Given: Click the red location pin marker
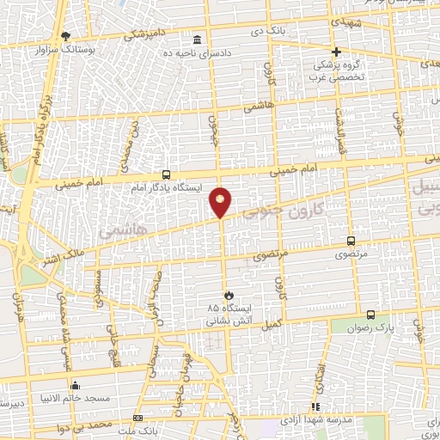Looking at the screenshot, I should click(221, 202).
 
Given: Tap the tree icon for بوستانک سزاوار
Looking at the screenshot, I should click(66, 35).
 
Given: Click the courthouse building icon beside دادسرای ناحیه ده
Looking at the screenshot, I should click(199, 40).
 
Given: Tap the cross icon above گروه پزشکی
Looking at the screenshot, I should click(336, 52).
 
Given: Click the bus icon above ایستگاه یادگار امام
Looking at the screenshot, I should click(166, 173).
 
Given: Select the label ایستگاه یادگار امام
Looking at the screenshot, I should click(166, 186).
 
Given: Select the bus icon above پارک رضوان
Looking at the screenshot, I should click(370, 315).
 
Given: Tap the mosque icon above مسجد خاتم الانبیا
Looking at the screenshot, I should click(76, 385).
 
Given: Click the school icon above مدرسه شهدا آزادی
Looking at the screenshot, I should click(315, 406).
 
